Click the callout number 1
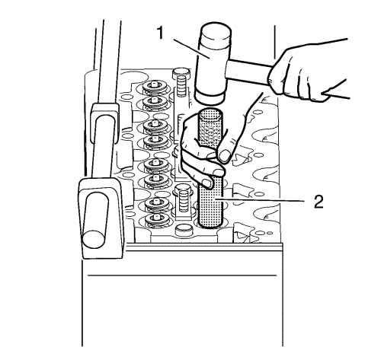pyautogui.click(x=160, y=33)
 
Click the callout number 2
pyautogui.click(x=319, y=201)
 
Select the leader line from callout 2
pyautogui.click(x=260, y=200)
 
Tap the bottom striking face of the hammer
pyautogui.click(x=209, y=99)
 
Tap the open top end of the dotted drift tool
pyautogui.click(x=210, y=113)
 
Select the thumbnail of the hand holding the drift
pyautogui.click(x=225, y=155)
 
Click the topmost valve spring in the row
pyautogui.click(x=154, y=87)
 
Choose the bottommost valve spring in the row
pyautogui.click(x=156, y=218)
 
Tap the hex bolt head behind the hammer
pyautogui.click(x=181, y=73)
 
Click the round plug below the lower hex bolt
pyautogui.click(x=184, y=230)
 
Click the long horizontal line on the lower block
pyautogui.click(x=182, y=275)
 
